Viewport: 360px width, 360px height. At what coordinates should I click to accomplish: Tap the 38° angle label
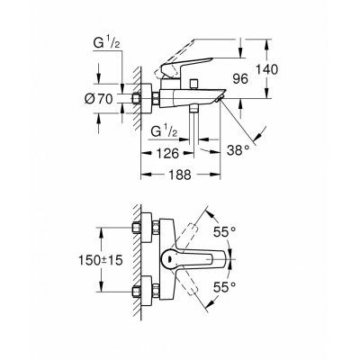(238, 150)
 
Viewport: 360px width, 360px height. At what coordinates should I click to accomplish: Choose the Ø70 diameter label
(108, 99)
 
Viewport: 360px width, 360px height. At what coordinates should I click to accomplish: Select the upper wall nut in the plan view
(141, 227)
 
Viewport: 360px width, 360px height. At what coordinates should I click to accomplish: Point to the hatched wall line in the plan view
(131, 261)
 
